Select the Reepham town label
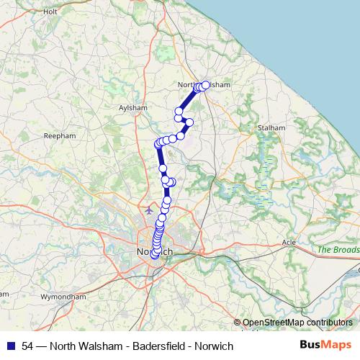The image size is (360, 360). (x=60, y=135)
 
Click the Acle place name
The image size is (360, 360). (x=289, y=242)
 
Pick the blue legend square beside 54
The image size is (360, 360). (x=12, y=346)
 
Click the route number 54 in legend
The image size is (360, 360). (x=27, y=346)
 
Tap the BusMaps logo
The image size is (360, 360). (x=325, y=346)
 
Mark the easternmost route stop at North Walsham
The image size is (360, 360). (x=205, y=85)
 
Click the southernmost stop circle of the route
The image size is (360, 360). (x=154, y=258)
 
